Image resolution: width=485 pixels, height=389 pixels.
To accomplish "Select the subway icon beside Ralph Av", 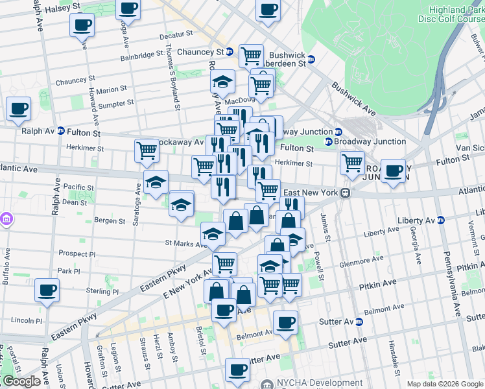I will pyautogui.click(x=60, y=130).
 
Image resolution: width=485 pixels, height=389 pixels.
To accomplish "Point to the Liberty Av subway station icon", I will pyautogui.click(x=440, y=220).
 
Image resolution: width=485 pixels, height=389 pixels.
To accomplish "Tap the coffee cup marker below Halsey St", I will pyautogui.click(x=82, y=26).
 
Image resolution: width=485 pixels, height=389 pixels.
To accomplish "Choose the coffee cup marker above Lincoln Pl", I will pyautogui.click(x=47, y=290).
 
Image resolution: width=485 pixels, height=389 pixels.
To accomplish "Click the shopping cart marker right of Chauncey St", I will pyautogui.click(x=251, y=56).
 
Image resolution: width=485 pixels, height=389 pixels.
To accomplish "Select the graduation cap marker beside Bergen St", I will pyautogui.click(x=182, y=204).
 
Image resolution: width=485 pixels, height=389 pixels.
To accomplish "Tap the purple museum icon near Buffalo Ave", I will pyautogui.click(x=7, y=220).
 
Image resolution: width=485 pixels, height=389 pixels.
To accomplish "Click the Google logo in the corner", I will pyautogui.click(x=21, y=381).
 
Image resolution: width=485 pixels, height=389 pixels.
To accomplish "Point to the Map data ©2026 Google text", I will pyautogui.click(x=445, y=384).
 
